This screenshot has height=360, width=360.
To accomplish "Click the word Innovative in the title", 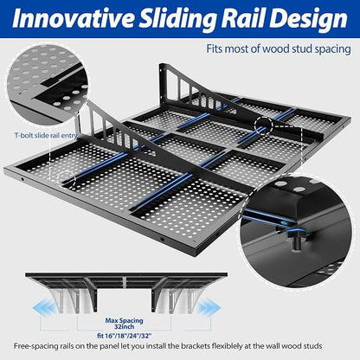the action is coord(73,18).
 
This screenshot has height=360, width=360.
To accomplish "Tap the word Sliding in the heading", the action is coord(177,19).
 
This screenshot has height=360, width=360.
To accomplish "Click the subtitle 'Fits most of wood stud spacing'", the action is coord(279,48).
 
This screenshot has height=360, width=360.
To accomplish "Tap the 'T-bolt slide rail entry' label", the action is coord(46,135).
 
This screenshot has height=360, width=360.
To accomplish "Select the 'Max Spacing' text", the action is coord(124,320).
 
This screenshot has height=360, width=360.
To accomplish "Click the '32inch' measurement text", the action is coord(124,327).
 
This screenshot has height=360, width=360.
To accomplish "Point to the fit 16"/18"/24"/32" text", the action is coord(125,336).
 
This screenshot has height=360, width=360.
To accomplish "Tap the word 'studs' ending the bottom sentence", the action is coord(312,346).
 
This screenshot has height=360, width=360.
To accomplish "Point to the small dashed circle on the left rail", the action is coord(67,180).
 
